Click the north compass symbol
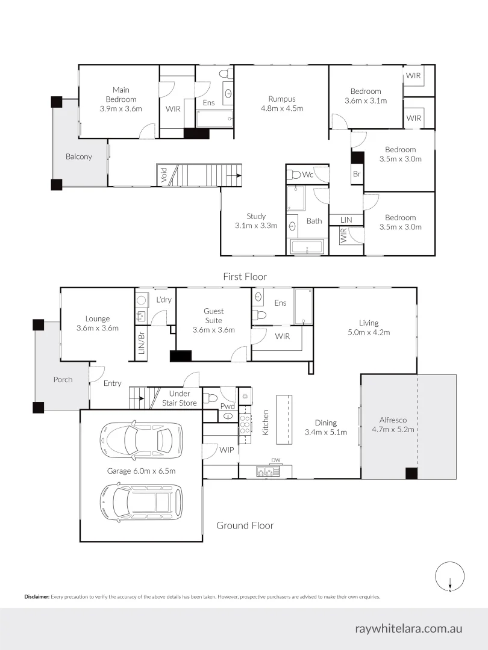click(x=450, y=577)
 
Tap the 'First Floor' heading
click(x=245, y=276)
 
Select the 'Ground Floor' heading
click(x=245, y=525)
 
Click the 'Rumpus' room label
click(x=281, y=104)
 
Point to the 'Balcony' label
click(x=79, y=156)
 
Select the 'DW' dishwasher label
click(x=276, y=460)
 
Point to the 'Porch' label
click(x=63, y=379)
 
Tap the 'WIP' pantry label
click(x=227, y=450)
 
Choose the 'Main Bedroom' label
click(x=121, y=99)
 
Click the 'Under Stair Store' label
click(x=179, y=398)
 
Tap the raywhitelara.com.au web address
click(x=408, y=628)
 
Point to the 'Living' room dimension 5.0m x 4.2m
click(x=369, y=332)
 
